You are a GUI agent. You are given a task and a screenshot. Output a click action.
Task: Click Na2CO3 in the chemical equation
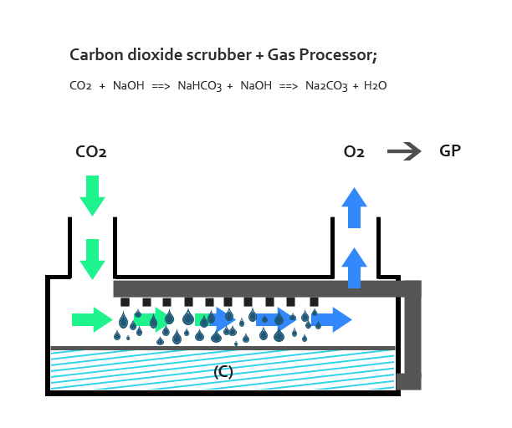click(x=326, y=86)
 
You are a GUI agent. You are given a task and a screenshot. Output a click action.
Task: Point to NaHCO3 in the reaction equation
click(x=199, y=86)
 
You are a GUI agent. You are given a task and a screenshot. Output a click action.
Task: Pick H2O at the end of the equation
click(x=375, y=86)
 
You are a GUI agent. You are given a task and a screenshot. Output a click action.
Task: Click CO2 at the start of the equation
click(x=80, y=86)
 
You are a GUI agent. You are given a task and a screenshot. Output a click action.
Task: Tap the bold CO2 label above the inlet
click(x=91, y=151)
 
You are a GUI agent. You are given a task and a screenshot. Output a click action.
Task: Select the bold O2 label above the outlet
click(x=354, y=151)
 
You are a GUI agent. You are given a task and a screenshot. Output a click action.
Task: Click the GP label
click(x=450, y=150)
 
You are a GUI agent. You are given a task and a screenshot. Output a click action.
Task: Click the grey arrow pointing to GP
click(x=404, y=151)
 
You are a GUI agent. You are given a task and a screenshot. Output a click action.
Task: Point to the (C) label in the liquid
click(x=223, y=372)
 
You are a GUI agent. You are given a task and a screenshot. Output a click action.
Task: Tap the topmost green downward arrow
click(x=92, y=196)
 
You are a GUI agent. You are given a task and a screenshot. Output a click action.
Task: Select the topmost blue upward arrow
click(x=354, y=208)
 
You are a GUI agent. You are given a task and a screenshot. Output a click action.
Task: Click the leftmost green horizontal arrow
click(x=92, y=319)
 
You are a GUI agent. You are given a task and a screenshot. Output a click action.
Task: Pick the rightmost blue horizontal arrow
click(x=332, y=319)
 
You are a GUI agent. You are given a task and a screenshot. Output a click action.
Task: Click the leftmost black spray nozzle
click(x=125, y=302)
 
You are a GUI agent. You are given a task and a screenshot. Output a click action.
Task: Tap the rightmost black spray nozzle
click(x=314, y=302)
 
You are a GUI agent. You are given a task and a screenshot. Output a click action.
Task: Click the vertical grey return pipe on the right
click(x=412, y=334)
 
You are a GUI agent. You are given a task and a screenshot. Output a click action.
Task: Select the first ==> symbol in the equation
click(x=161, y=86)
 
